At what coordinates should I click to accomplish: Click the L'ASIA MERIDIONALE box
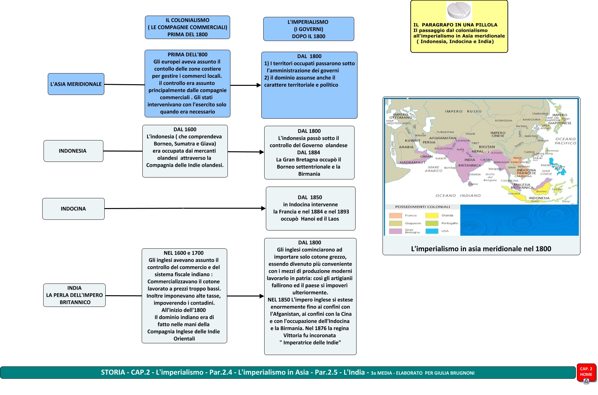point(76,84)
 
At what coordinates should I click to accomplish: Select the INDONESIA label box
point(73,151)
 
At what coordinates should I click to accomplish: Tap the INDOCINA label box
point(73,209)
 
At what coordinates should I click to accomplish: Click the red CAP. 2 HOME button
point(586,372)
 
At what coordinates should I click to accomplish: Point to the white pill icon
point(459,11)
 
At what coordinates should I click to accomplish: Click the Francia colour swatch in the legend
point(395,216)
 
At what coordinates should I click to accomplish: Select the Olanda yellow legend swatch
point(432,216)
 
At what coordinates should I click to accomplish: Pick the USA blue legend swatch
point(432,231)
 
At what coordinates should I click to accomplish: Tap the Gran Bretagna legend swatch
point(395,231)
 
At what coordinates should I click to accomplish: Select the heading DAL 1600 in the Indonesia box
point(185,129)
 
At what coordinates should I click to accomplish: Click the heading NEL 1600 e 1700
point(184,253)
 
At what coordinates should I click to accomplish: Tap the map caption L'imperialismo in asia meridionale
point(481,249)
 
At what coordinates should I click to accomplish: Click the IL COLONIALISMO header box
point(188,27)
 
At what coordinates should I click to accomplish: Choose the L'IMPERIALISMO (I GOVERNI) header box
point(308,29)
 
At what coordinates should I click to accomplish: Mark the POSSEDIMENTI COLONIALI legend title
point(422,207)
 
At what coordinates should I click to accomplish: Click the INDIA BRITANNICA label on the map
point(470,163)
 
